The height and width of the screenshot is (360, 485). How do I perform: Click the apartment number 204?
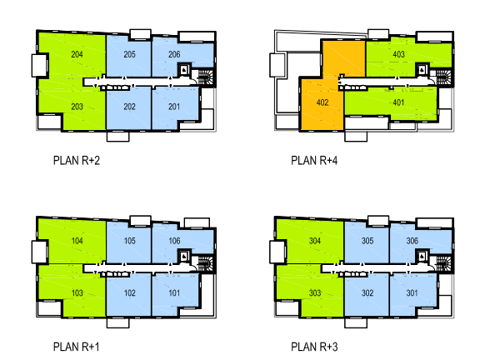coord(77,54)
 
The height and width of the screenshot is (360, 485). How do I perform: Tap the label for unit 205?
coord(130,54)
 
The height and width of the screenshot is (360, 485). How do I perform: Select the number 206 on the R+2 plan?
coord(174,54)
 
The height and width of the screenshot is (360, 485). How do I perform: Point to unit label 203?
coord(77,107)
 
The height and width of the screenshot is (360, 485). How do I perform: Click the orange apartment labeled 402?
coord(322,102)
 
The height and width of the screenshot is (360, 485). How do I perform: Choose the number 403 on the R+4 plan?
coord(398,54)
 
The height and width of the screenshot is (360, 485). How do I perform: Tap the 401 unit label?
coord(398,102)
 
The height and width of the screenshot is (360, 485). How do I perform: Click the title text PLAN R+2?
coord(77,161)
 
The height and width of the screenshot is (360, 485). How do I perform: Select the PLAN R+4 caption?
coord(314,161)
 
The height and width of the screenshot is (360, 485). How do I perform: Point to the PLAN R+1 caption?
coord(77,347)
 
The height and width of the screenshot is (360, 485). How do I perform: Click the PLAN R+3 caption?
coord(314,347)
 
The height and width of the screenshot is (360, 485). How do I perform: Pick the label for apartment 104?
coord(77,241)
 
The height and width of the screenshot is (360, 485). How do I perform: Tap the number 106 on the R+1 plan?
coord(174,241)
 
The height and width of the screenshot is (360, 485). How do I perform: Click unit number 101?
coord(174,292)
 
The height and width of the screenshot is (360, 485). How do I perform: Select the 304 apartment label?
coord(315,241)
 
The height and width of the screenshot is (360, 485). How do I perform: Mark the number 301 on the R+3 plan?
coord(412,292)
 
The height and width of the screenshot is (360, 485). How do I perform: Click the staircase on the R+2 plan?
coord(205,77)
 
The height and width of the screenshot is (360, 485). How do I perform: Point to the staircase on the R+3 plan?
coord(443,264)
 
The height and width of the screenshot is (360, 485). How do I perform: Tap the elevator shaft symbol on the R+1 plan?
coord(184,256)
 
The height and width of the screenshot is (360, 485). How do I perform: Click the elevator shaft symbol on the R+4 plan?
coord(422,70)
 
